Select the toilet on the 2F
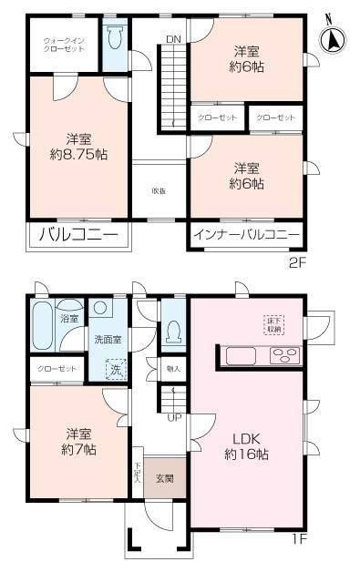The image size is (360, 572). tap(115, 40)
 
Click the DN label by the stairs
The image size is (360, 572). tap(172, 38)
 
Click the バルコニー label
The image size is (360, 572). tap(78, 234)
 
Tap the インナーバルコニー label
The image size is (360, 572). tap(246, 234)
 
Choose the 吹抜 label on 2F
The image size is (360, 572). tap(158, 190)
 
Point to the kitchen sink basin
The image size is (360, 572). tap(242, 355)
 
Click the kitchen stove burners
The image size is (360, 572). tap(284, 355)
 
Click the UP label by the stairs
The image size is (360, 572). tap(173, 418)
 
